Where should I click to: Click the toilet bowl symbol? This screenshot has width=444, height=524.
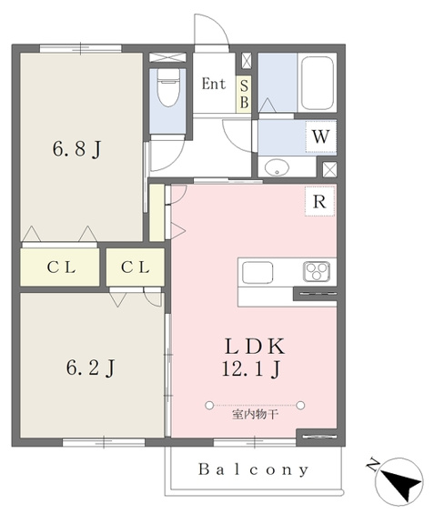168,88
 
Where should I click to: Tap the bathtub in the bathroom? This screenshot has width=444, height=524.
318,83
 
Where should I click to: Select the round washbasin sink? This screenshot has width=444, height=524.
277,166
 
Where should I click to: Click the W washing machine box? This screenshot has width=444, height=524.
320,136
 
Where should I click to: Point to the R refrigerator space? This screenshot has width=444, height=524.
320,202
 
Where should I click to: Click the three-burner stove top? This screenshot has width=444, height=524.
317,271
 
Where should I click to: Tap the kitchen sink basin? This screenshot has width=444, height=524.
257,272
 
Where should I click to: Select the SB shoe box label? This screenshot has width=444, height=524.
244,95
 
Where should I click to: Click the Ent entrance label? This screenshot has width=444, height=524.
213,84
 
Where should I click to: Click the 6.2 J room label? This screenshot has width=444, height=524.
90,368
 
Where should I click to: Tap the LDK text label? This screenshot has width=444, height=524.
255,347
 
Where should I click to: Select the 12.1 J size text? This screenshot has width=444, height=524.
251,369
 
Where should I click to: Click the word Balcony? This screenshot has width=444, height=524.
253,469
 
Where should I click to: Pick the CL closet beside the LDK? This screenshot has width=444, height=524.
136,267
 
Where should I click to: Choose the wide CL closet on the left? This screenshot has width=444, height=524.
60,267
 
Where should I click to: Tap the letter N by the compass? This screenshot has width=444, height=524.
373,465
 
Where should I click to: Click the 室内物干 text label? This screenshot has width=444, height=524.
255,415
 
